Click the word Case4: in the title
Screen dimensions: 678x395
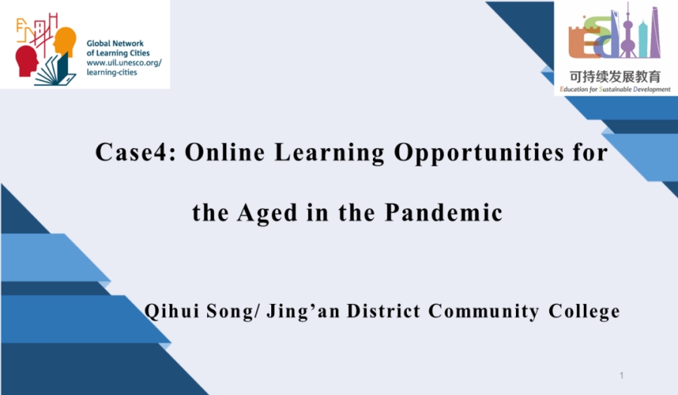[136, 152]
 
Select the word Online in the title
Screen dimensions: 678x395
[224, 152]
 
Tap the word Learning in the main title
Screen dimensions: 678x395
[329, 153]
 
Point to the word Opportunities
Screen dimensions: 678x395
[478, 153]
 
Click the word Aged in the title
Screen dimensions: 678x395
[267, 214]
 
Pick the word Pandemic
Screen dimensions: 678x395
[444, 212]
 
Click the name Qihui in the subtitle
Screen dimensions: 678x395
[171, 311]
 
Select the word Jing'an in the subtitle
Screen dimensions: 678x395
[303, 311]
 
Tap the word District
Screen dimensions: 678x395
[383, 311]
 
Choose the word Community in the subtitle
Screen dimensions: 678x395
[484, 311]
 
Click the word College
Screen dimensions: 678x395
[584, 311]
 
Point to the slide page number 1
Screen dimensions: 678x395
[621, 375]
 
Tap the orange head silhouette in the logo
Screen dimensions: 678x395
[65, 41]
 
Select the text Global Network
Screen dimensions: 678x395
[115, 43]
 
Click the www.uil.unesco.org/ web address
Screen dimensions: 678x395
[124, 62]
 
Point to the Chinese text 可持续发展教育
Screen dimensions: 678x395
[615, 77]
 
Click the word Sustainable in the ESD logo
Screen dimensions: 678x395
[615, 90]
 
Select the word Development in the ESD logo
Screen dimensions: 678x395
[652, 90]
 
